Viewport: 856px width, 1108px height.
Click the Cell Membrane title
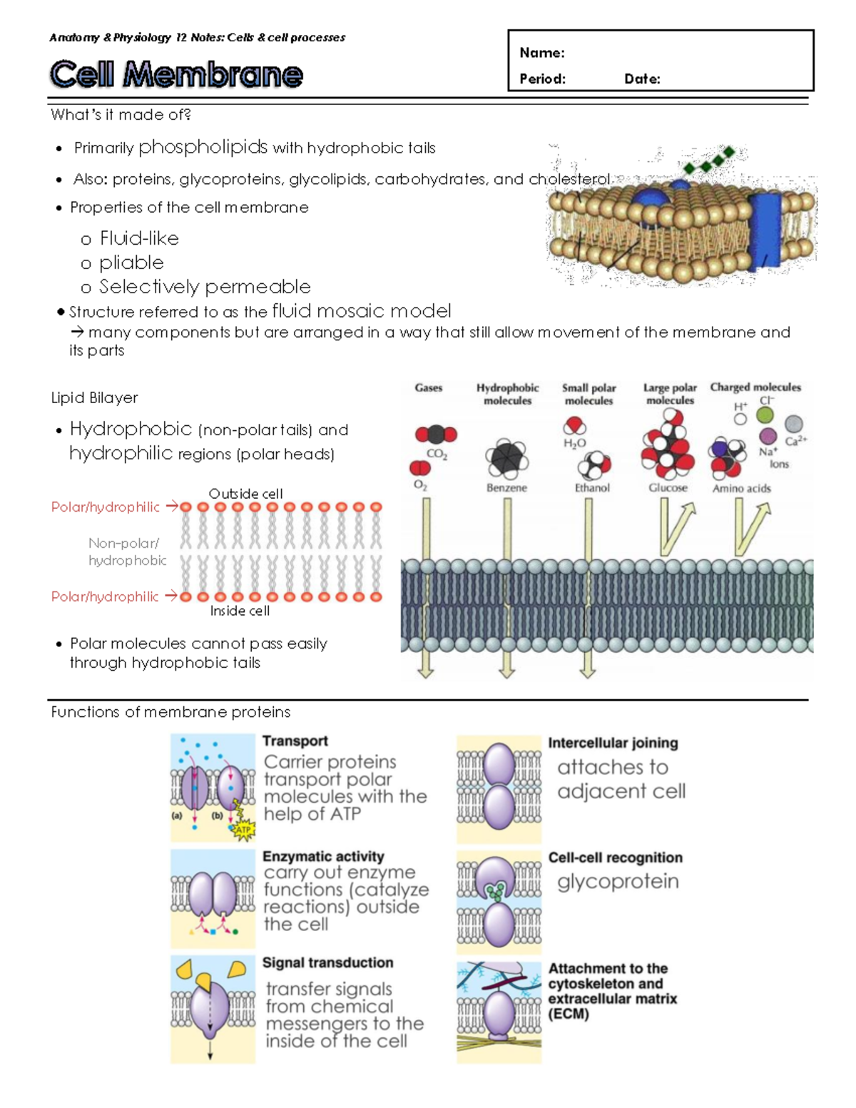176,74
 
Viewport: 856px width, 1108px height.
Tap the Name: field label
541,53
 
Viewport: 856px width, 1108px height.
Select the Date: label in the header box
642,79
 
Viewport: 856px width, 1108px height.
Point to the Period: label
542,79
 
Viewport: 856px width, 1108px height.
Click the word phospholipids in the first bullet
203,147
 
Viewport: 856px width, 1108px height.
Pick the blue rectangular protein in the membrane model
767,231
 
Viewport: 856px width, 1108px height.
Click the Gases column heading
428,388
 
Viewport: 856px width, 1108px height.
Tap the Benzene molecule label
506,488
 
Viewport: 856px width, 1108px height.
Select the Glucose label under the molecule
668,488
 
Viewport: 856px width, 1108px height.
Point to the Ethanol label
592,488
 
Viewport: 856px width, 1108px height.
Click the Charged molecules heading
755,387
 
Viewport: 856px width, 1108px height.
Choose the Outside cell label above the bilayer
245,494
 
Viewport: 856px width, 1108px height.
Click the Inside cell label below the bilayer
240,611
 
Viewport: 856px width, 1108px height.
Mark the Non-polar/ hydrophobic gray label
127,552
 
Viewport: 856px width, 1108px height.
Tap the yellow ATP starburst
243,830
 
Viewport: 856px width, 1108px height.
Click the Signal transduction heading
327,962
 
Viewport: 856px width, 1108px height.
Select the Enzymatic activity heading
323,856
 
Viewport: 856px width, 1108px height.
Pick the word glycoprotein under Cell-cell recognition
618,882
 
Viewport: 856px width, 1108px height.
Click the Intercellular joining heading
613,743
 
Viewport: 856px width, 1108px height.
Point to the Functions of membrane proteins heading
170,712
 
